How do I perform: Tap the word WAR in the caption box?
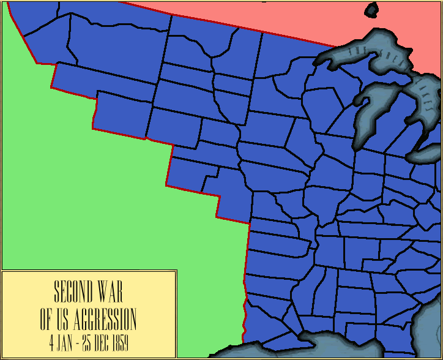tap(111, 293)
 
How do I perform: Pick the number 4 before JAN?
tap(52, 340)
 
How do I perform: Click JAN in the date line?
tap(65, 340)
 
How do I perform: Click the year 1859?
tap(121, 340)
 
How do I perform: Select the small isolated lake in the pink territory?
tap(371, 10)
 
